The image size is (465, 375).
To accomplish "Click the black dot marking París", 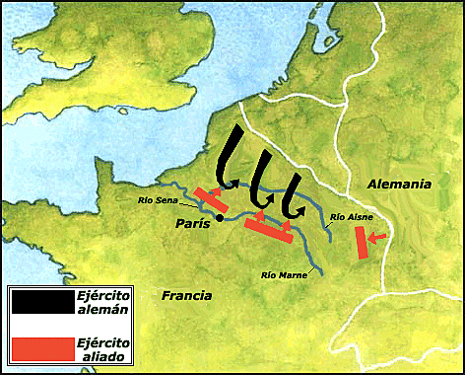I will coord(220,218).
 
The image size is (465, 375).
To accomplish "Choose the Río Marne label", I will coord(284,273).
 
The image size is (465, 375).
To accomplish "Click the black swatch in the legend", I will coord(40,302).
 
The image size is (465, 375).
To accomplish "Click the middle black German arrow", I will coord(261,178).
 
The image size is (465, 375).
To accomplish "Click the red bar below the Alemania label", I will coord(362,242).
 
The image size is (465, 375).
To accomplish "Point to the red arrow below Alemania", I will coord(379,234).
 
